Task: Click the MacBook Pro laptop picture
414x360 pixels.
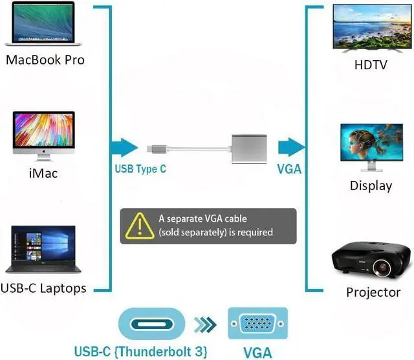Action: pos(43,24)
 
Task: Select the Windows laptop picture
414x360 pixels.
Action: pos(43,249)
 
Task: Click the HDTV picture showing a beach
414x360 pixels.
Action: pos(373,28)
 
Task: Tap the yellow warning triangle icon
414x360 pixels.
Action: pos(140,226)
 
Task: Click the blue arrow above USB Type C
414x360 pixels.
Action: pos(124,148)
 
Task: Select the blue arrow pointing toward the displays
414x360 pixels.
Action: pos(292,147)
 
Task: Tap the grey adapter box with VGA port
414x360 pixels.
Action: pos(249,149)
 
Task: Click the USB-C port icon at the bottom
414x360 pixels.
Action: pos(152,324)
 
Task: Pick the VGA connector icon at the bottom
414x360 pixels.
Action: pos(257,323)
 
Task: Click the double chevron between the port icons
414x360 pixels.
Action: pos(206,324)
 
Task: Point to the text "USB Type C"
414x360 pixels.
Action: pos(140,169)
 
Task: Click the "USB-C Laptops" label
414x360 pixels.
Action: pos(43,288)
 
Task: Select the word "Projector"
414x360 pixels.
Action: pos(373,293)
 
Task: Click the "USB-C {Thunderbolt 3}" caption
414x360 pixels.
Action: pos(141,352)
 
